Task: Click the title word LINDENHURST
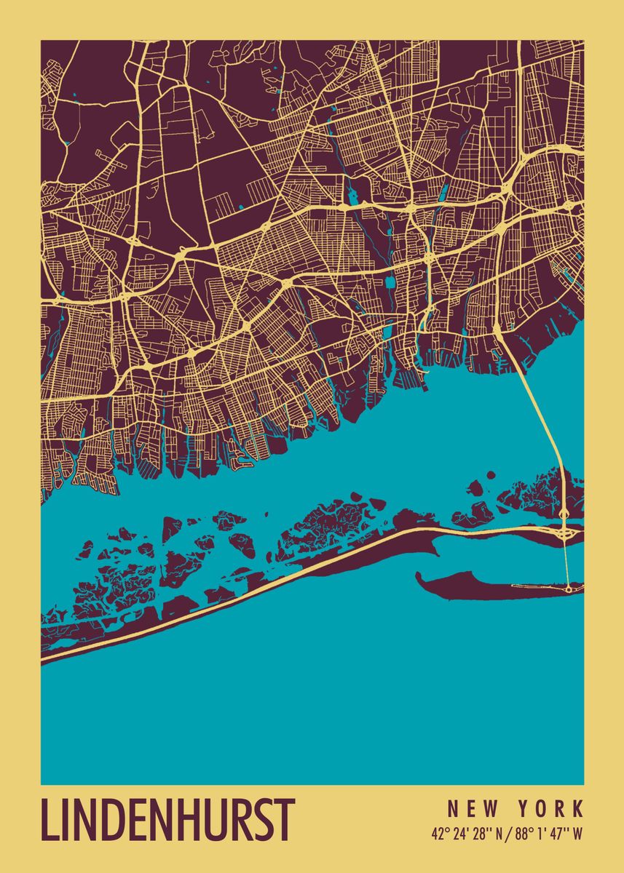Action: [x=168, y=820]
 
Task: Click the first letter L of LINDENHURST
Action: [x=49, y=820]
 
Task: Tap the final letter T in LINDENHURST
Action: [x=285, y=820]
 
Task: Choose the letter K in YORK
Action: [x=578, y=808]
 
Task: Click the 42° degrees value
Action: [x=438, y=834]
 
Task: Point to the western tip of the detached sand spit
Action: [x=419, y=577]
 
